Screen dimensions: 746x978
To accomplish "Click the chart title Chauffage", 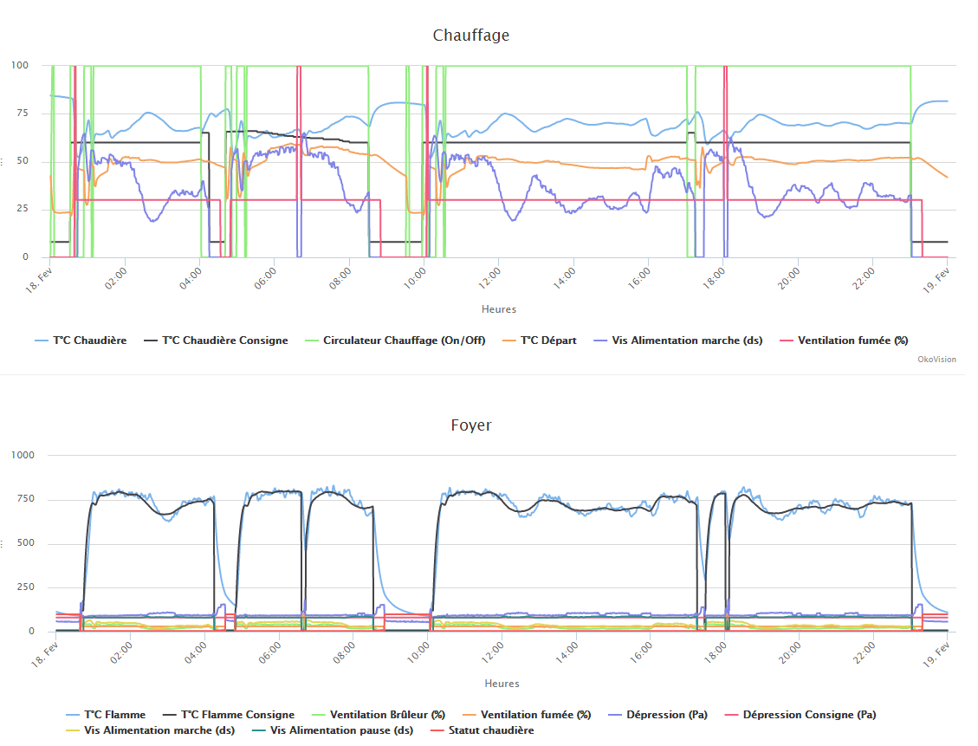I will click(x=470, y=36).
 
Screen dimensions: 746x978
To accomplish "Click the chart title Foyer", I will click(x=470, y=425).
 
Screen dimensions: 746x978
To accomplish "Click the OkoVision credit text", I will click(x=936, y=359).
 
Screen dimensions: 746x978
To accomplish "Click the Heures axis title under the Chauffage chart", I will click(x=499, y=309).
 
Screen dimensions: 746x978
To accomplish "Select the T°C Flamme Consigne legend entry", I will click(x=236, y=715).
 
